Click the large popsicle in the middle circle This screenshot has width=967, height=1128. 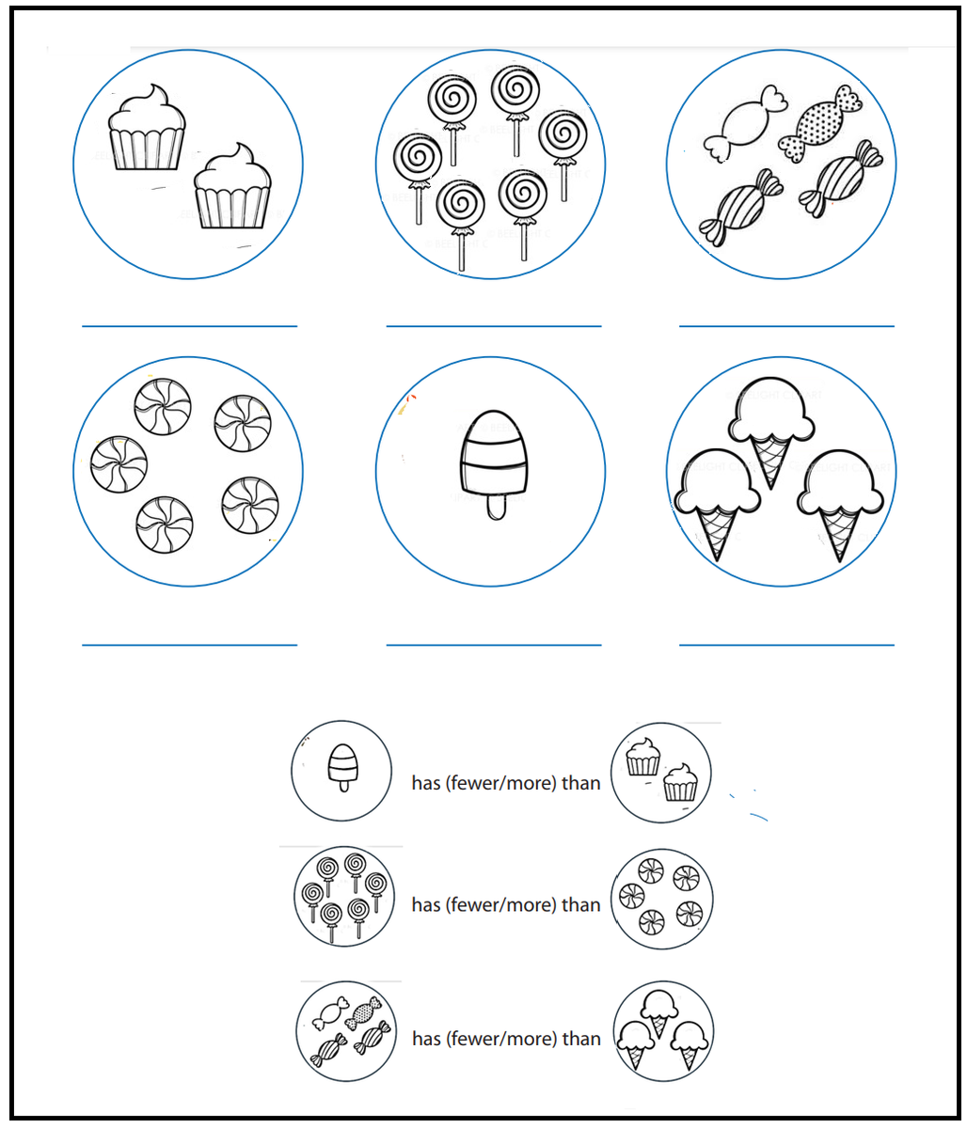[x=493, y=456]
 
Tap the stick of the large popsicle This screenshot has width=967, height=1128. [x=495, y=507]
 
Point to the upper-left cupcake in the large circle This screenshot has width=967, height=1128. [x=146, y=129]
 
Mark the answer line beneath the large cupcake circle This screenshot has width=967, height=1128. [x=189, y=326]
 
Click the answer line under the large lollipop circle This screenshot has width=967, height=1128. [x=493, y=326]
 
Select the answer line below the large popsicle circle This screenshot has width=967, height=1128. [x=493, y=645]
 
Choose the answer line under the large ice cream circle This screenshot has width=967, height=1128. [x=786, y=645]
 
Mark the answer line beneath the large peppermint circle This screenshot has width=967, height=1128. [x=189, y=645]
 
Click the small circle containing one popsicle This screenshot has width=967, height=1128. [x=341, y=771]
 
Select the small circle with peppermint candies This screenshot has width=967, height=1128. [x=662, y=899]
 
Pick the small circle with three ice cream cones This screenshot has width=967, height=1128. [x=662, y=1032]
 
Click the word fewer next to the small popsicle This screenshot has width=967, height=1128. [x=476, y=783]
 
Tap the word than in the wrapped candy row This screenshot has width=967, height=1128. [x=581, y=1039]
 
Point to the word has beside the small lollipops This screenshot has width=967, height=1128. [x=425, y=905]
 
